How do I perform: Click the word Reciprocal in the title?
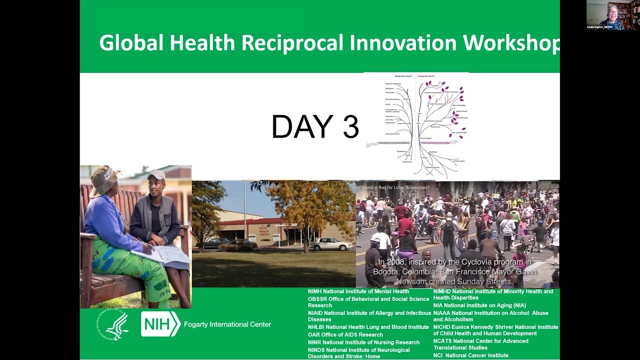point(293,43)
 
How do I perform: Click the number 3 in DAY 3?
point(350,127)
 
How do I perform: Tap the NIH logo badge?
point(160,324)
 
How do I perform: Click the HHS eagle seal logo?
point(113,325)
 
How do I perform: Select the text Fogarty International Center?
point(227,324)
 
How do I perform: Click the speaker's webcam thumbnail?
point(612,15)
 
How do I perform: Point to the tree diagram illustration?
point(416,125)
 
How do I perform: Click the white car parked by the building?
point(330,244)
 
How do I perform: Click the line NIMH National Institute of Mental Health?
point(358,291)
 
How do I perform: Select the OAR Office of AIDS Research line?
point(345,334)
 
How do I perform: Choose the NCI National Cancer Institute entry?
point(470,355)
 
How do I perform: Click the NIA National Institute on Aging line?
point(479,305)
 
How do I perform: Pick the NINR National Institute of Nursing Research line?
point(363,342)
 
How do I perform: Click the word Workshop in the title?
point(510,43)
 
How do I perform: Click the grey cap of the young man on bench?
point(156,175)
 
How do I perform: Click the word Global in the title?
point(131,43)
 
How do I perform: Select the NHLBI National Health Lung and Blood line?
point(368,327)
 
